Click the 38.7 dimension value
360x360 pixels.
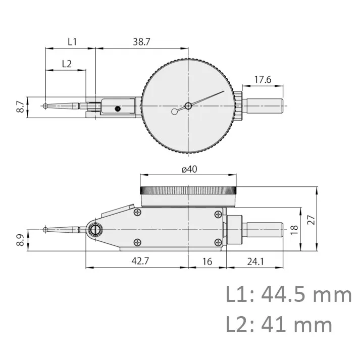tap(141, 42)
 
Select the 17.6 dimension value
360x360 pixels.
tap(263, 79)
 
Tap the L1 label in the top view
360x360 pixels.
tap(72, 42)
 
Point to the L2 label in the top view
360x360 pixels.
tap(67, 64)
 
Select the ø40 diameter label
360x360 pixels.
tap(188, 169)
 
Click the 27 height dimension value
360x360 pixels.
tap(326, 220)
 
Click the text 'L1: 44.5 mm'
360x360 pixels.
tap(288, 294)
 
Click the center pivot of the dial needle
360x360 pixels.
tap(188, 106)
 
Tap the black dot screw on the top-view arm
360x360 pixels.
tap(118, 108)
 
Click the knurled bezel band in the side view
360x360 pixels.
tap(188, 190)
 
